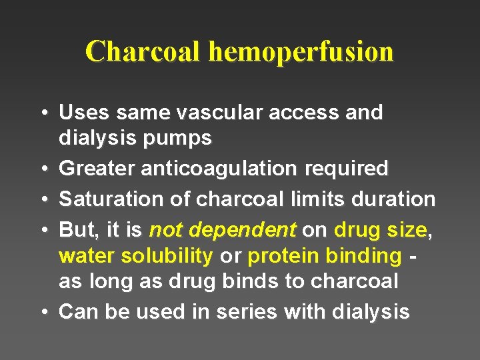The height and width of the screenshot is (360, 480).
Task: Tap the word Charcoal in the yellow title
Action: coord(143,51)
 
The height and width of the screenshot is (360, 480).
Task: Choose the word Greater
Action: coord(97,169)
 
